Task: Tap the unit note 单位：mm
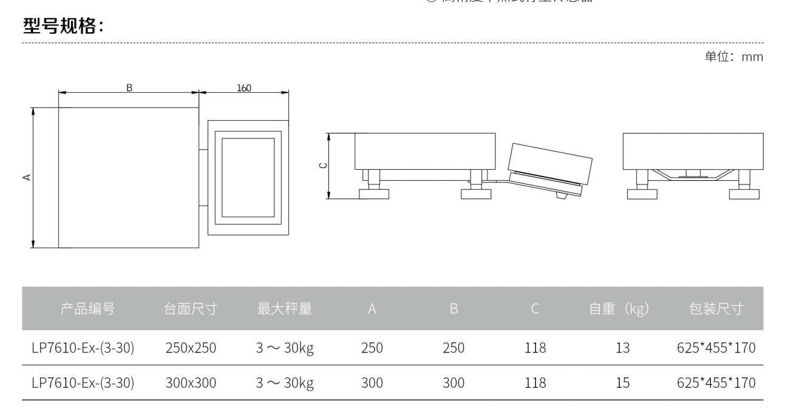(x=733, y=56)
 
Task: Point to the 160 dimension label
(x=244, y=87)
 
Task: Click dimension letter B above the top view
(x=129, y=87)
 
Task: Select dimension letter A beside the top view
(x=27, y=177)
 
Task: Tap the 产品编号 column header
(x=87, y=309)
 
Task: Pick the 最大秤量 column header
(x=284, y=309)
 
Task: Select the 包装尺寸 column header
(x=716, y=309)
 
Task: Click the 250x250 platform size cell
(x=191, y=348)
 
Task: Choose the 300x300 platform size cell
(x=191, y=383)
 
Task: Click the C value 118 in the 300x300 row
(x=535, y=383)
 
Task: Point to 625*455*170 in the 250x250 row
(x=716, y=348)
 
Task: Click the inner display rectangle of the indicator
(x=248, y=177)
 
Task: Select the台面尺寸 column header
(x=191, y=309)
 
